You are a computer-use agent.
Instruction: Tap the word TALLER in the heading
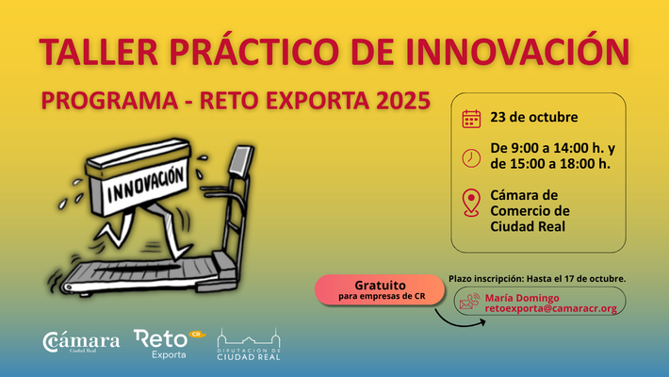point(99,52)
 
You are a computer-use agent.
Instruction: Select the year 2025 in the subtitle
point(403,100)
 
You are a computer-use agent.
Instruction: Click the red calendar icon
point(471,119)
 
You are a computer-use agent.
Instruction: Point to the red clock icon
point(471,158)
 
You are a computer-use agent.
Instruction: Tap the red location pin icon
point(471,203)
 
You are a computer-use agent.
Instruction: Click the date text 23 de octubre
point(533,118)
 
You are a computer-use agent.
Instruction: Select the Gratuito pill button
point(380,290)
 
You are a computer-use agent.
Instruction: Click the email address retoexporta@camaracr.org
point(551,308)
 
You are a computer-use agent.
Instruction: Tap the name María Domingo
point(522,298)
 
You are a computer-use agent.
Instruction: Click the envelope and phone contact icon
point(470,302)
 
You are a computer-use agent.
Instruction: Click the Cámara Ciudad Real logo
point(81,342)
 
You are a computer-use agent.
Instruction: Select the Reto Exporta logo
point(170,344)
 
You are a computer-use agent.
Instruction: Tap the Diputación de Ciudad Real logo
point(249,345)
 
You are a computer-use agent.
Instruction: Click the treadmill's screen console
point(242,160)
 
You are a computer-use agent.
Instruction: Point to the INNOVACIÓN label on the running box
point(145,185)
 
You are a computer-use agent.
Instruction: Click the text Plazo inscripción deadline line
point(537,279)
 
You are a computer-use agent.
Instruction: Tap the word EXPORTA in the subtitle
point(318,101)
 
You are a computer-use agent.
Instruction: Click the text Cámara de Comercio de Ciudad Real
point(530,211)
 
